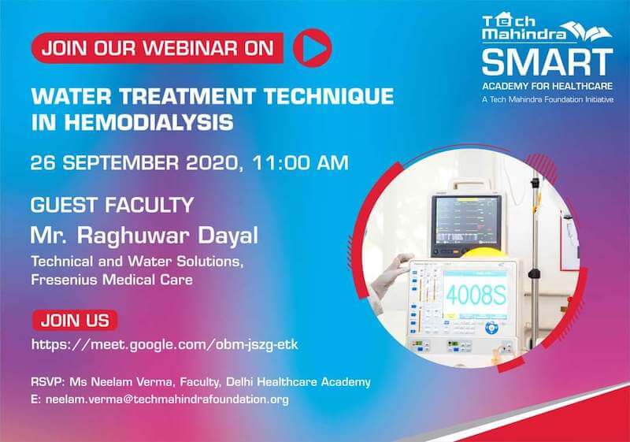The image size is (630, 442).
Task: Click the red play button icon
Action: (x=312, y=48)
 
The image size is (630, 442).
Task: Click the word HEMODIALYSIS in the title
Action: (x=149, y=122)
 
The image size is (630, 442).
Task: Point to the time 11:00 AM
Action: (x=300, y=163)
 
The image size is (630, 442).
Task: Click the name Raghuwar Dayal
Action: (x=168, y=236)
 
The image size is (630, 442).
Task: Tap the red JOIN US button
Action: (x=75, y=320)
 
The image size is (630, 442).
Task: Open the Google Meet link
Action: (x=165, y=344)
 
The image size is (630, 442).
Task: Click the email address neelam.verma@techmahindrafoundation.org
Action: (x=167, y=399)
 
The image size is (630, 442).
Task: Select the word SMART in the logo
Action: (x=547, y=61)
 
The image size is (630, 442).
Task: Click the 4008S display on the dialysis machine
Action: (x=476, y=295)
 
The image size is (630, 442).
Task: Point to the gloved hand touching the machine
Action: (x=391, y=275)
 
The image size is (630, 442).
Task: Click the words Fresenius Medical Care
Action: (x=112, y=279)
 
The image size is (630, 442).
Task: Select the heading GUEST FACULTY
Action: (x=112, y=205)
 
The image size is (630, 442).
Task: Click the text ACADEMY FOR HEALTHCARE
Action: (x=547, y=86)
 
